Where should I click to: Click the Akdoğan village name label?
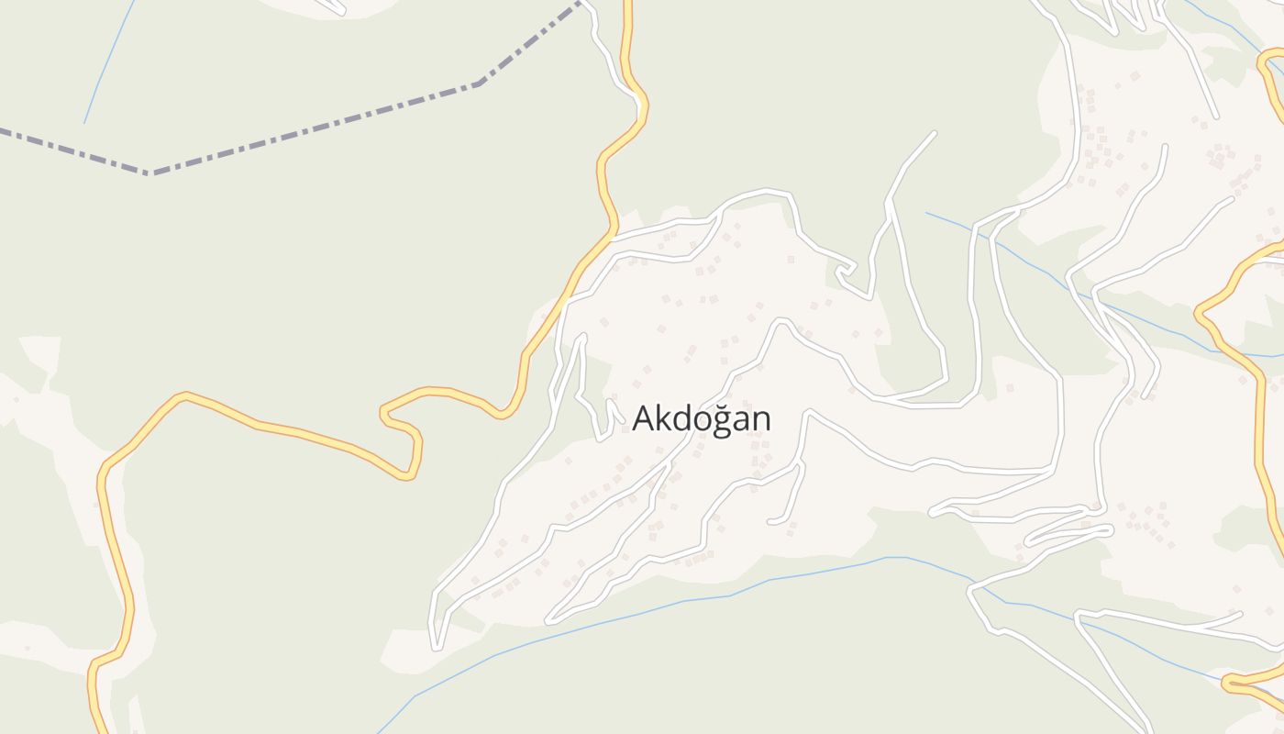tap(702, 418)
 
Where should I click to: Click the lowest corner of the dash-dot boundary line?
tap(149, 172)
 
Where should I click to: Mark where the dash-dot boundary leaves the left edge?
tap(3, 130)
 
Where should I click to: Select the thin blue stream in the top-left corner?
tap(105, 64)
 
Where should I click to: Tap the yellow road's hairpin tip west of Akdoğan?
tap(383, 413)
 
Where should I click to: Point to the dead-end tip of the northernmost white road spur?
tap(934, 133)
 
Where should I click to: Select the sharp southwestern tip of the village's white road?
tap(436, 647)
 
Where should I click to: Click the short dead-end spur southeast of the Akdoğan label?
tap(770, 522)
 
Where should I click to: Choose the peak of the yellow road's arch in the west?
tap(186, 396)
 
